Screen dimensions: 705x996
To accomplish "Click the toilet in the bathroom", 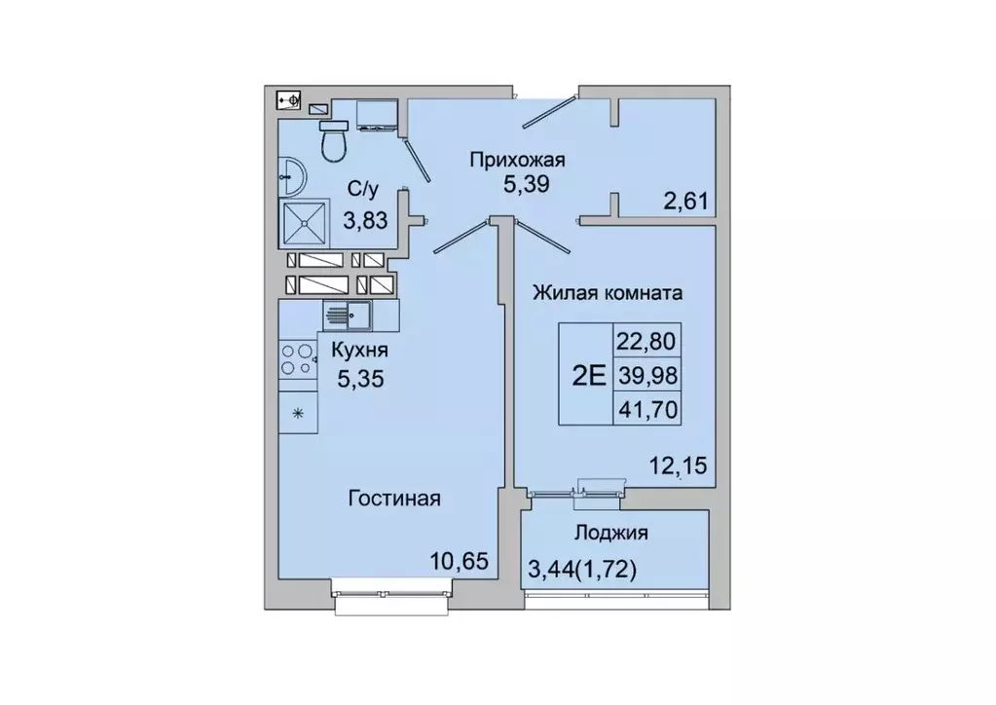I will (x=334, y=142).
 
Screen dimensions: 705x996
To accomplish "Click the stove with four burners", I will (x=299, y=360).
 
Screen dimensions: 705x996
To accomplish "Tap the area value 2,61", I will (x=685, y=203).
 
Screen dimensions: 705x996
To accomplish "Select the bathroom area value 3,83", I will (x=364, y=219).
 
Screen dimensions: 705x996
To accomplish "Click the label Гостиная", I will (x=394, y=499).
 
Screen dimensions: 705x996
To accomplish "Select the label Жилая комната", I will (x=605, y=292).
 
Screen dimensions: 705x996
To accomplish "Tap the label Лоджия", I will (x=611, y=533).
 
